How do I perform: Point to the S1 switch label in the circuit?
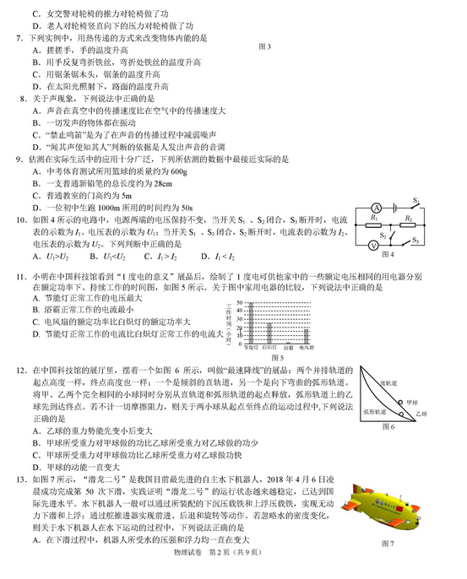[416, 200]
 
